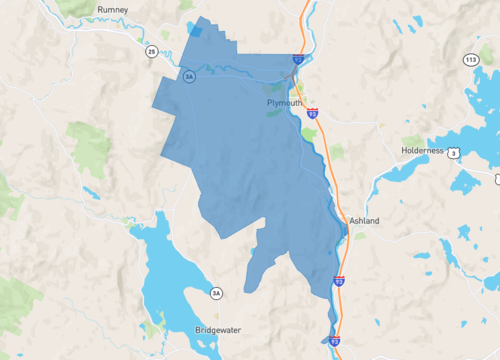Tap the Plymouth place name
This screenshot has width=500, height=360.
pos(284,102)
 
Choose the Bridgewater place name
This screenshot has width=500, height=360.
pos(218,328)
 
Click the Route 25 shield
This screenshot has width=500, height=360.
pos(150,51)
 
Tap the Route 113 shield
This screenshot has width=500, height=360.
pos(470,60)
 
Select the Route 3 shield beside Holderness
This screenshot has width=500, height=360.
pos(454,152)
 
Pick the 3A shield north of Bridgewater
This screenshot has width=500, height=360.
pos(216,293)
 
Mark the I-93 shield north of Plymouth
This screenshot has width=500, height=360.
pos(298,60)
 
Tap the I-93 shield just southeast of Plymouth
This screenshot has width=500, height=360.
pos(313,114)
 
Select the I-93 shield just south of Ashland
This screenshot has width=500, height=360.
pos(339,282)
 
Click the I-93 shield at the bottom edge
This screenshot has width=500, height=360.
pos(334,341)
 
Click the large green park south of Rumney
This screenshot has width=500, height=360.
pos(92,150)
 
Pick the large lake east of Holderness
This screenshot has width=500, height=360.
pos(470,135)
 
